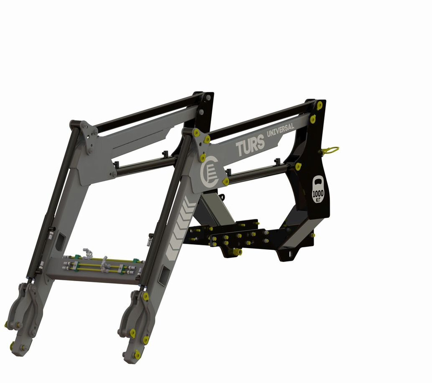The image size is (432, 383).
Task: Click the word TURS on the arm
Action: point(250,145)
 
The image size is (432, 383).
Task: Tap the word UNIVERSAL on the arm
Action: point(280,130)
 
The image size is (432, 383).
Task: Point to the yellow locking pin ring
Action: point(330,150)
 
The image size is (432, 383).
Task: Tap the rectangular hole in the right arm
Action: point(164,275)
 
